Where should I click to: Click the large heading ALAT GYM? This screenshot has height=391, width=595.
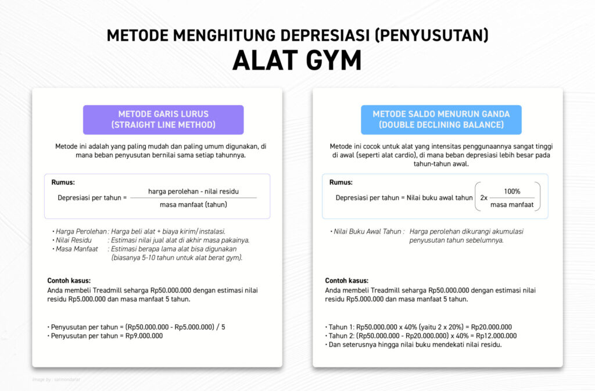pos(297,60)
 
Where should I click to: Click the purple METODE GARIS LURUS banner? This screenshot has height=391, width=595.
pos(163,120)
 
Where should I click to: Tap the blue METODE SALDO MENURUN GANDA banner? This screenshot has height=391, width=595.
pos(441,120)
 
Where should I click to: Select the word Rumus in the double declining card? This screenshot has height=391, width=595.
pos(341,182)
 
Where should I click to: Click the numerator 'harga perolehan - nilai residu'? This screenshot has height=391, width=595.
pos(193,191)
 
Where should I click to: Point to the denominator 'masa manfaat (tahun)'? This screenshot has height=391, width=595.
pos(193,205)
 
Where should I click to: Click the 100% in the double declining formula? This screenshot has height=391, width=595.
pos(512,191)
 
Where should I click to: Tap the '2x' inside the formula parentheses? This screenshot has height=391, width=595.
pos(484,198)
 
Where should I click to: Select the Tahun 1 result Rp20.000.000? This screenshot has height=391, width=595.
pos(492,327)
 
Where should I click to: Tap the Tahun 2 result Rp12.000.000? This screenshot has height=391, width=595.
pos(496,336)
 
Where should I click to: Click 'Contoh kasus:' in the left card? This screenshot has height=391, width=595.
pos(69,281)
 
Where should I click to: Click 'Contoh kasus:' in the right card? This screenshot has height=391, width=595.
pos(346,281)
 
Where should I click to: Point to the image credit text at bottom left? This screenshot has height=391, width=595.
pos(56,379)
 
